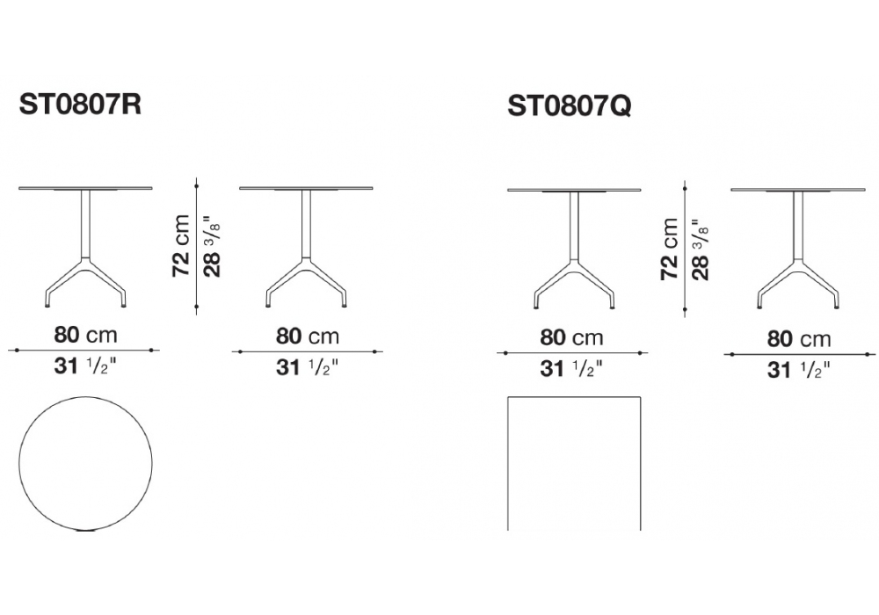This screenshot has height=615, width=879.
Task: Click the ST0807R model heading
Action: coord(80,105)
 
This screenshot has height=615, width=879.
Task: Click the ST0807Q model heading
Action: coord(569,105)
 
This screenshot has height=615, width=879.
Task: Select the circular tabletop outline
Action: coord(19,463)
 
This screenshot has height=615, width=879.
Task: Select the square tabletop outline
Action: coord(508,463)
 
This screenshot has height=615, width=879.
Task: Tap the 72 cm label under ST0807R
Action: coord(182,245)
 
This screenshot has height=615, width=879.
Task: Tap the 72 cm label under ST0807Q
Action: coord(671,249)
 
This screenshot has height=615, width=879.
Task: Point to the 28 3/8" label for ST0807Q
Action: coord(701,249)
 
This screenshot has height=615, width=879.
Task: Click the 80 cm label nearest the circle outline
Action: coord(85,335)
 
